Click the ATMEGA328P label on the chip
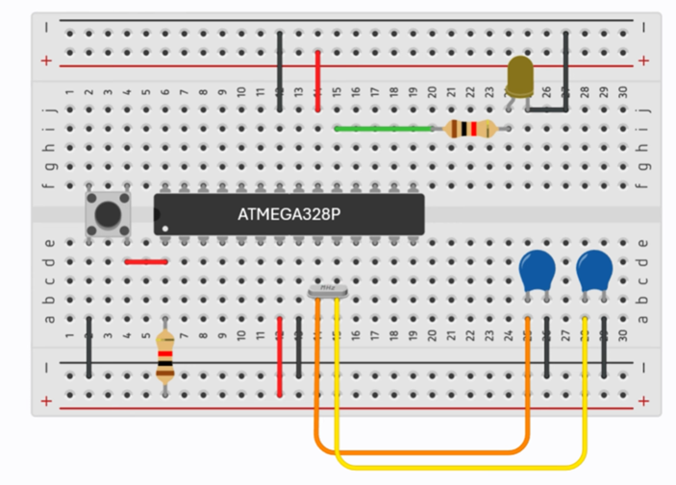pos(288,214)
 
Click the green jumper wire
pos(385,128)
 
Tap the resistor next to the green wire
pos(472,129)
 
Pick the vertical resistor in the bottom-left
pos(165,356)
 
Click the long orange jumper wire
pos(423,450)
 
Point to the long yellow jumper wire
pos(462,468)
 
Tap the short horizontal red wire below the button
pos(146,261)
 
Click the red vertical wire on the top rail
pos(318,81)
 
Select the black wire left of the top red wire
pos(280,71)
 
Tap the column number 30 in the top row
pos(623,91)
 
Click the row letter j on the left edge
pos(51,109)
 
